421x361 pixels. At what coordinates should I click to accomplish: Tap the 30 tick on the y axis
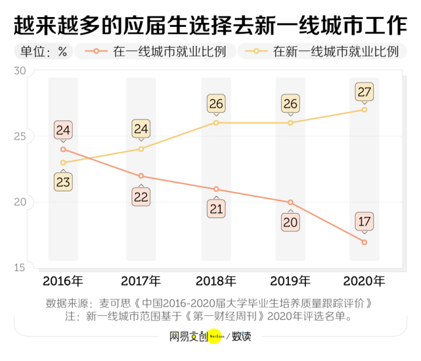point(19,71)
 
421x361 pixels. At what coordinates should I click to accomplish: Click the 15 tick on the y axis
point(19,267)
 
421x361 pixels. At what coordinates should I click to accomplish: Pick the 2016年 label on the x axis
point(63,282)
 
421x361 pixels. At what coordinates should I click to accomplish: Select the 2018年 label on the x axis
point(216,282)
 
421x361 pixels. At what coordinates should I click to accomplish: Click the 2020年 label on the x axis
point(365,282)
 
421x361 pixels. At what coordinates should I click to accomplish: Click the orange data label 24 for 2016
point(63,129)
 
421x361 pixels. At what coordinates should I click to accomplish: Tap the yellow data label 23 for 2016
point(63,182)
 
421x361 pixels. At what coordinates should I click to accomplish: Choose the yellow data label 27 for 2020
point(365,92)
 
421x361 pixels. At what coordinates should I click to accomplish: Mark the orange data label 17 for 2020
point(365,221)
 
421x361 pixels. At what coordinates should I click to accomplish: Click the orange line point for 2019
point(290,202)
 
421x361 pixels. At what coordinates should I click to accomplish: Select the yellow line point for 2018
point(216,123)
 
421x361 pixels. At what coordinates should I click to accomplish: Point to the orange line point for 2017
point(141,176)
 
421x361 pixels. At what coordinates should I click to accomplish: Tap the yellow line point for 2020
point(365,109)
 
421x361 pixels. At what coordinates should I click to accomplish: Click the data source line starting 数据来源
point(210,303)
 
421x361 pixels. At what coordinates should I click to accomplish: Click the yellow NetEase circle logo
point(217,337)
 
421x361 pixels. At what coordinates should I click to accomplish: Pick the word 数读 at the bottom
point(241,337)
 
